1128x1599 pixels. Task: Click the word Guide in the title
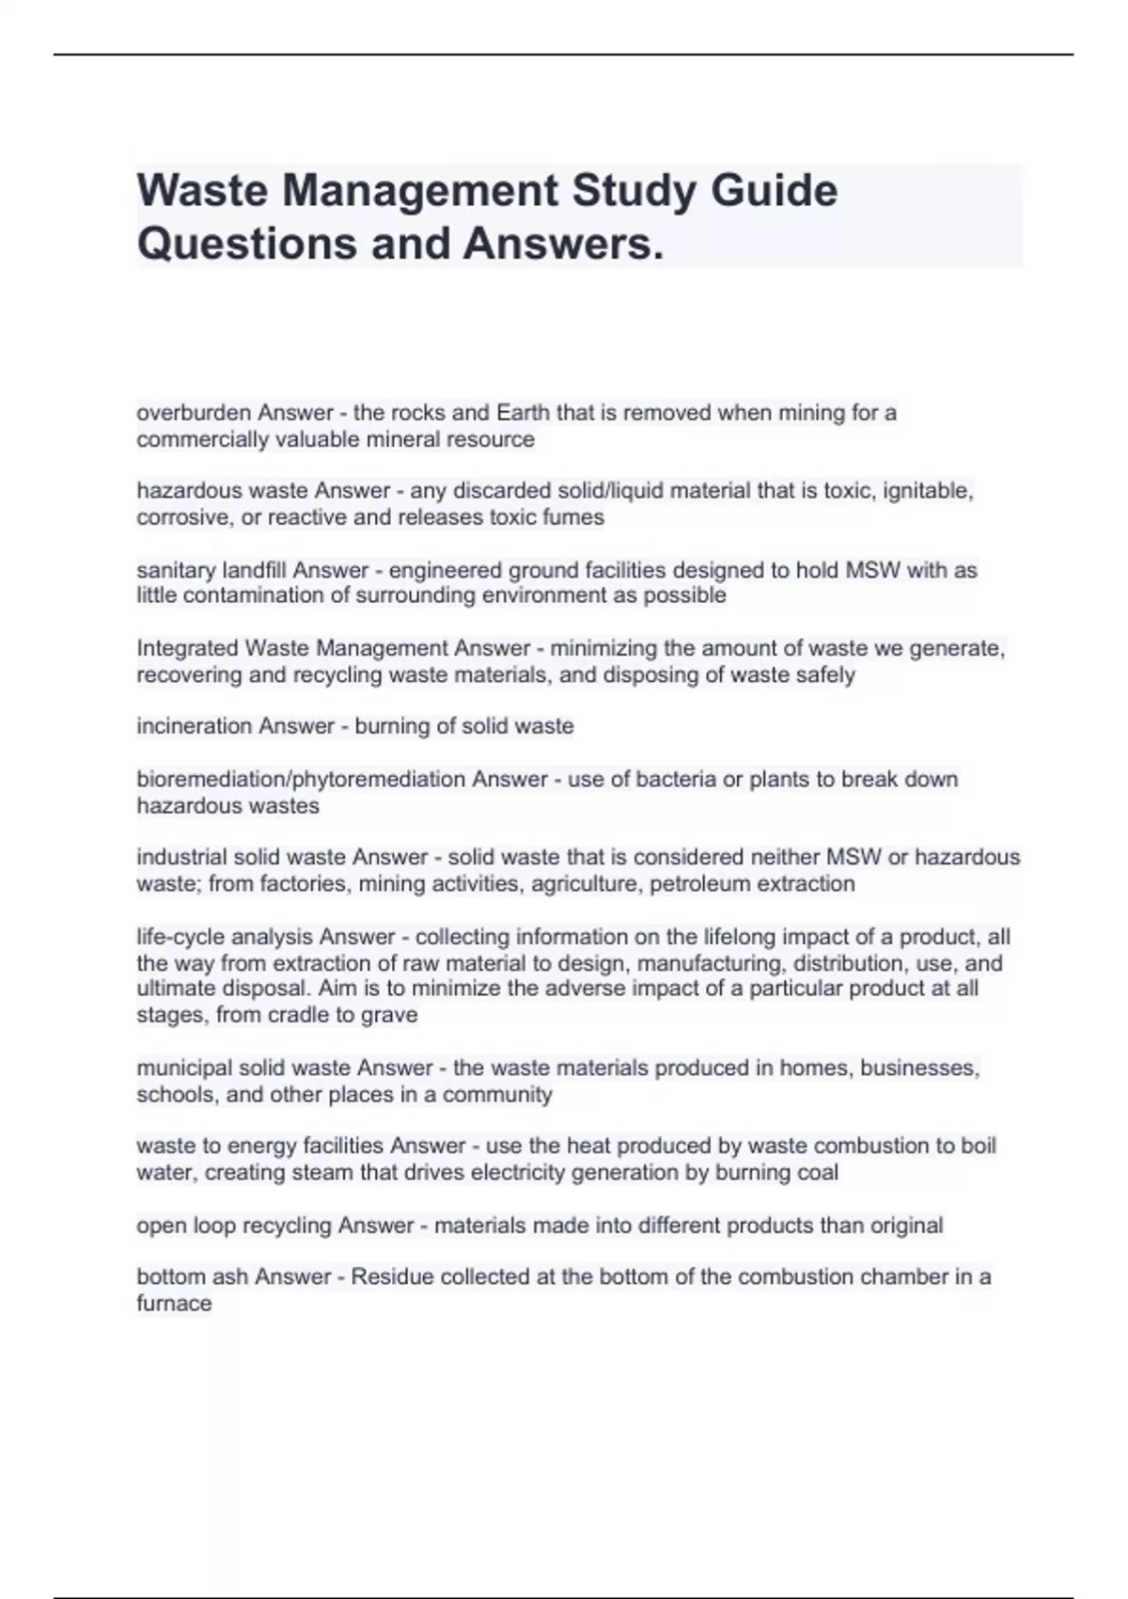[774, 191]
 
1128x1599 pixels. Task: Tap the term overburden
[194, 413]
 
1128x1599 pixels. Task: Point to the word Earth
[524, 413]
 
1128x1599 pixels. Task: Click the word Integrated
[187, 648]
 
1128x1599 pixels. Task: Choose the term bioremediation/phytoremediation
[301, 780]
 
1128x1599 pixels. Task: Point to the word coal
[817, 1173]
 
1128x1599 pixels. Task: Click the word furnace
[174, 1304]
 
